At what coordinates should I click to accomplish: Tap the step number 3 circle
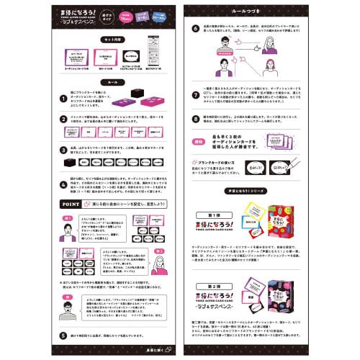coord(42,148)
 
